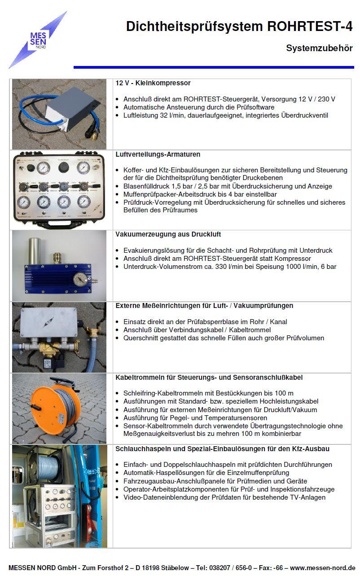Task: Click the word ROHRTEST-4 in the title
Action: click(x=310, y=26)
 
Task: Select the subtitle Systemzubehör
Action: click(x=319, y=48)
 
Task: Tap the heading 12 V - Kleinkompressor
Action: click(x=153, y=83)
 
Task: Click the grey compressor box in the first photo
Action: click(x=71, y=110)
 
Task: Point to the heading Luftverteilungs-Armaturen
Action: click(x=158, y=154)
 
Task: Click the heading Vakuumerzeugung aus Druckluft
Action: click(x=168, y=234)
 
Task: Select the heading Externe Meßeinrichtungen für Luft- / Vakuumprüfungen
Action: click(x=204, y=306)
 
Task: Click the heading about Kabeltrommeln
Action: click(x=212, y=377)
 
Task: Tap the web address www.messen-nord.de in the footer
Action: click(x=322, y=568)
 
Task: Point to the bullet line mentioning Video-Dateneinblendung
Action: click(x=224, y=497)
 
